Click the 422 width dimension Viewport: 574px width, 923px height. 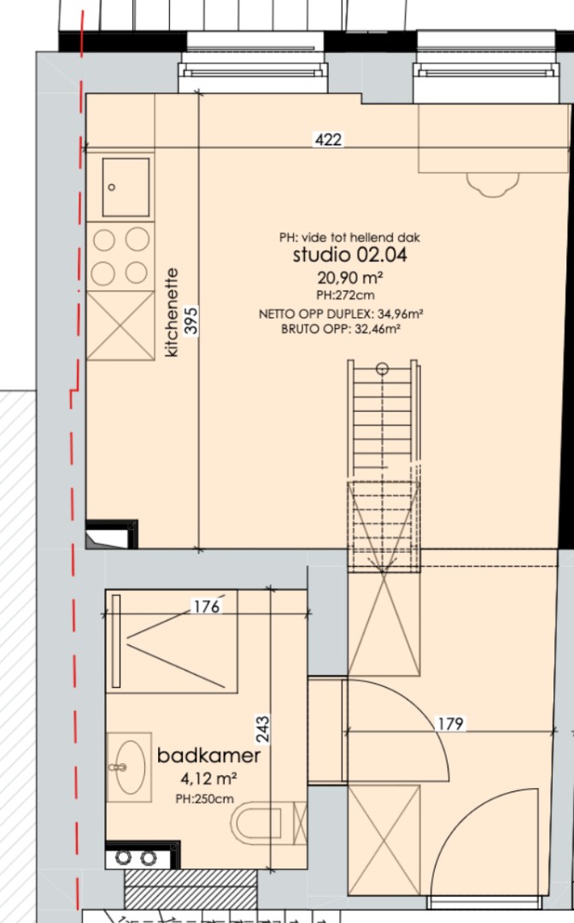click(x=328, y=139)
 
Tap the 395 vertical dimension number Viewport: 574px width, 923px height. click(x=191, y=320)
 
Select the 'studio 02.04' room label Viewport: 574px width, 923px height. click(x=350, y=255)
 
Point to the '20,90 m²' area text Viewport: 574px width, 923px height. click(x=350, y=277)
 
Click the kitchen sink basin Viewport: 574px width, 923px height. click(x=126, y=186)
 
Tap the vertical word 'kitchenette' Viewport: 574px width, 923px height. click(x=172, y=313)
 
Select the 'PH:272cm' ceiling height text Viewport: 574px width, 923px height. click(x=345, y=295)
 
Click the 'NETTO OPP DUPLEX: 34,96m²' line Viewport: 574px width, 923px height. click(x=341, y=315)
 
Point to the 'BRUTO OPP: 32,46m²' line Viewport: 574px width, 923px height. click(x=341, y=329)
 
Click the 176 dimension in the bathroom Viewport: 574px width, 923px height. click(x=207, y=606)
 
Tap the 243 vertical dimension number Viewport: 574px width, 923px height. click(x=262, y=728)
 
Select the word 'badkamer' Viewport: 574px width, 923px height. click(x=208, y=755)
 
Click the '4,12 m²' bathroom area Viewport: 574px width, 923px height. click(x=208, y=779)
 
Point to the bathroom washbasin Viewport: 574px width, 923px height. click(x=129, y=767)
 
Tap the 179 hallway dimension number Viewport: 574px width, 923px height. click(x=450, y=724)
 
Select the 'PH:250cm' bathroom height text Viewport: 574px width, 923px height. click(x=205, y=799)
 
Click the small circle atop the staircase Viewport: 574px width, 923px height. click(x=383, y=369)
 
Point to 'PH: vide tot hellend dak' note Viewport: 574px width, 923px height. click(x=349, y=238)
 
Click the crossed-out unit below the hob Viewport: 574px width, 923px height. click(x=120, y=326)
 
